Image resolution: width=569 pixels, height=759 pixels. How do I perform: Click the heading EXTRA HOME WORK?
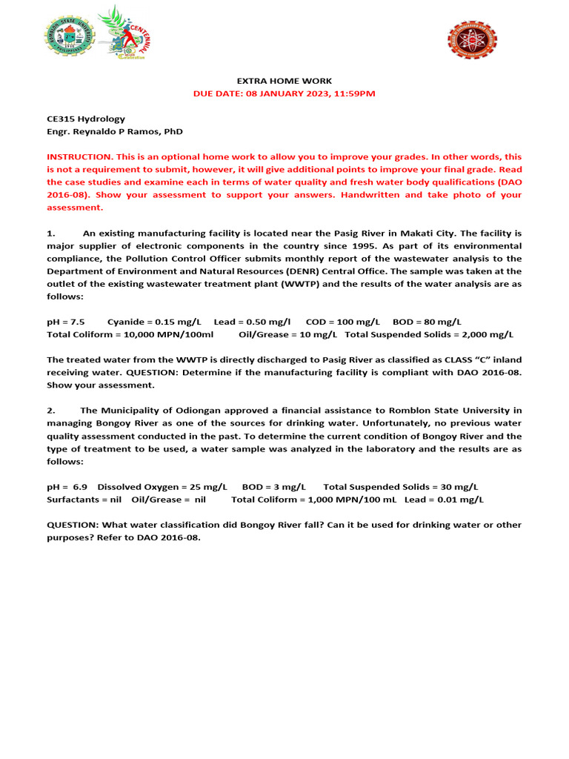click(284, 81)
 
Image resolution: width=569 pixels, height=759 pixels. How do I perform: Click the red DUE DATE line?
click(284, 93)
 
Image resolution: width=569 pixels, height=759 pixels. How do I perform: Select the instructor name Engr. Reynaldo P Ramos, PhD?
click(114, 131)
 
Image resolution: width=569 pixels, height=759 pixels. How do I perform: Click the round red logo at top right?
click(472, 39)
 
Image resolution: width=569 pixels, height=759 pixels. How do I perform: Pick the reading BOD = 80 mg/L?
click(427, 322)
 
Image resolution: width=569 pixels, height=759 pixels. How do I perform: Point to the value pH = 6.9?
click(67, 487)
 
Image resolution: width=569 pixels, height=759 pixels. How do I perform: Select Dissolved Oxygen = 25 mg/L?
click(162, 487)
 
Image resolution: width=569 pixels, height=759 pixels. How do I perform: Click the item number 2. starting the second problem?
click(51, 410)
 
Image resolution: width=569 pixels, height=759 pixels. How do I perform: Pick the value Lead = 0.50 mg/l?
click(252, 322)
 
